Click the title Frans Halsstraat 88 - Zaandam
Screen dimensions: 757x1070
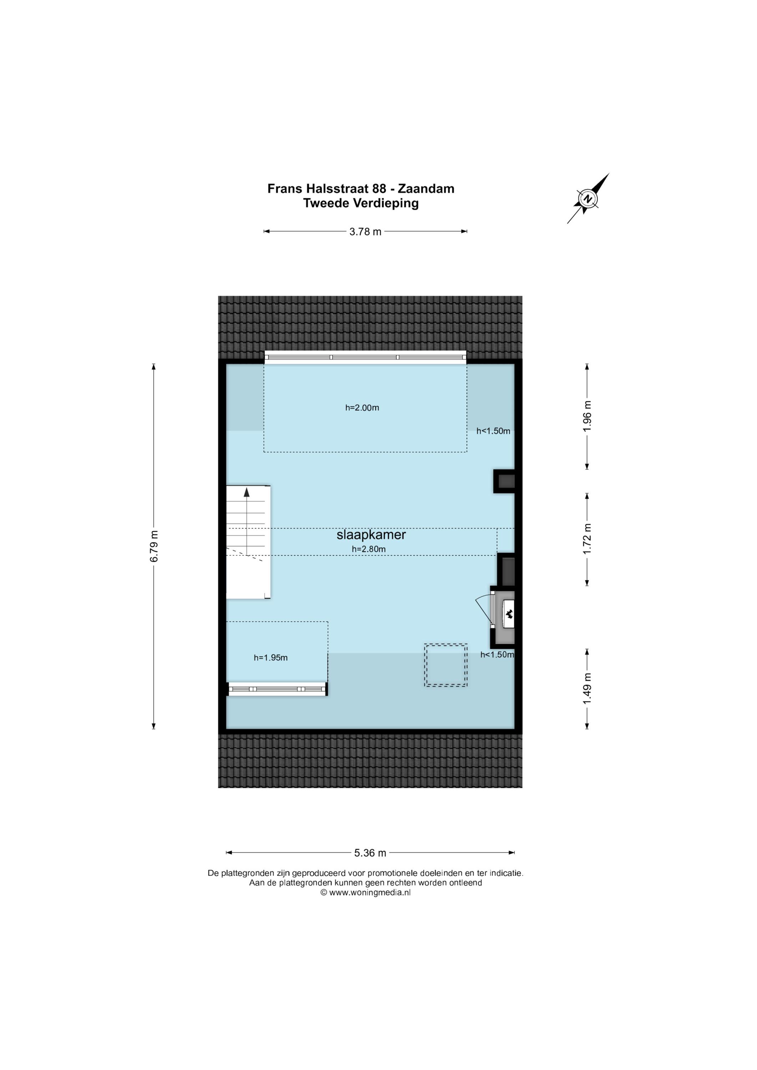pyautogui.click(x=361, y=189)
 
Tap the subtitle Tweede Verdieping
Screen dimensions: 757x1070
pyautogui.click(x=361, y=203)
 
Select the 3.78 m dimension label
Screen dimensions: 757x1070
pyautogui.click(x=365, y=231)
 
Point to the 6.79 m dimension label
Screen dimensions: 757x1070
pyautogui.click(x=154, y=546)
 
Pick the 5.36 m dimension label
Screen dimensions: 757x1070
pyautogui.click(x=370, y=853)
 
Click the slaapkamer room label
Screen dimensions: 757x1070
pyautogui.click(x=371, y=535)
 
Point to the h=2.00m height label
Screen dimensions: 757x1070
pyautogui.click(x=362, y=408)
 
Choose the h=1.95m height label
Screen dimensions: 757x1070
pyautogui.click(x=271, y=658)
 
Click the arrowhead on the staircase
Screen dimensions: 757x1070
pyautogui.click(x=247, y=491)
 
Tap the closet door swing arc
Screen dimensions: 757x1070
pyautogui.click(x=482, y=608)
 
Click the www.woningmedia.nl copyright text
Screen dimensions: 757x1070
pyautogui.click(x=365, y=892)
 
